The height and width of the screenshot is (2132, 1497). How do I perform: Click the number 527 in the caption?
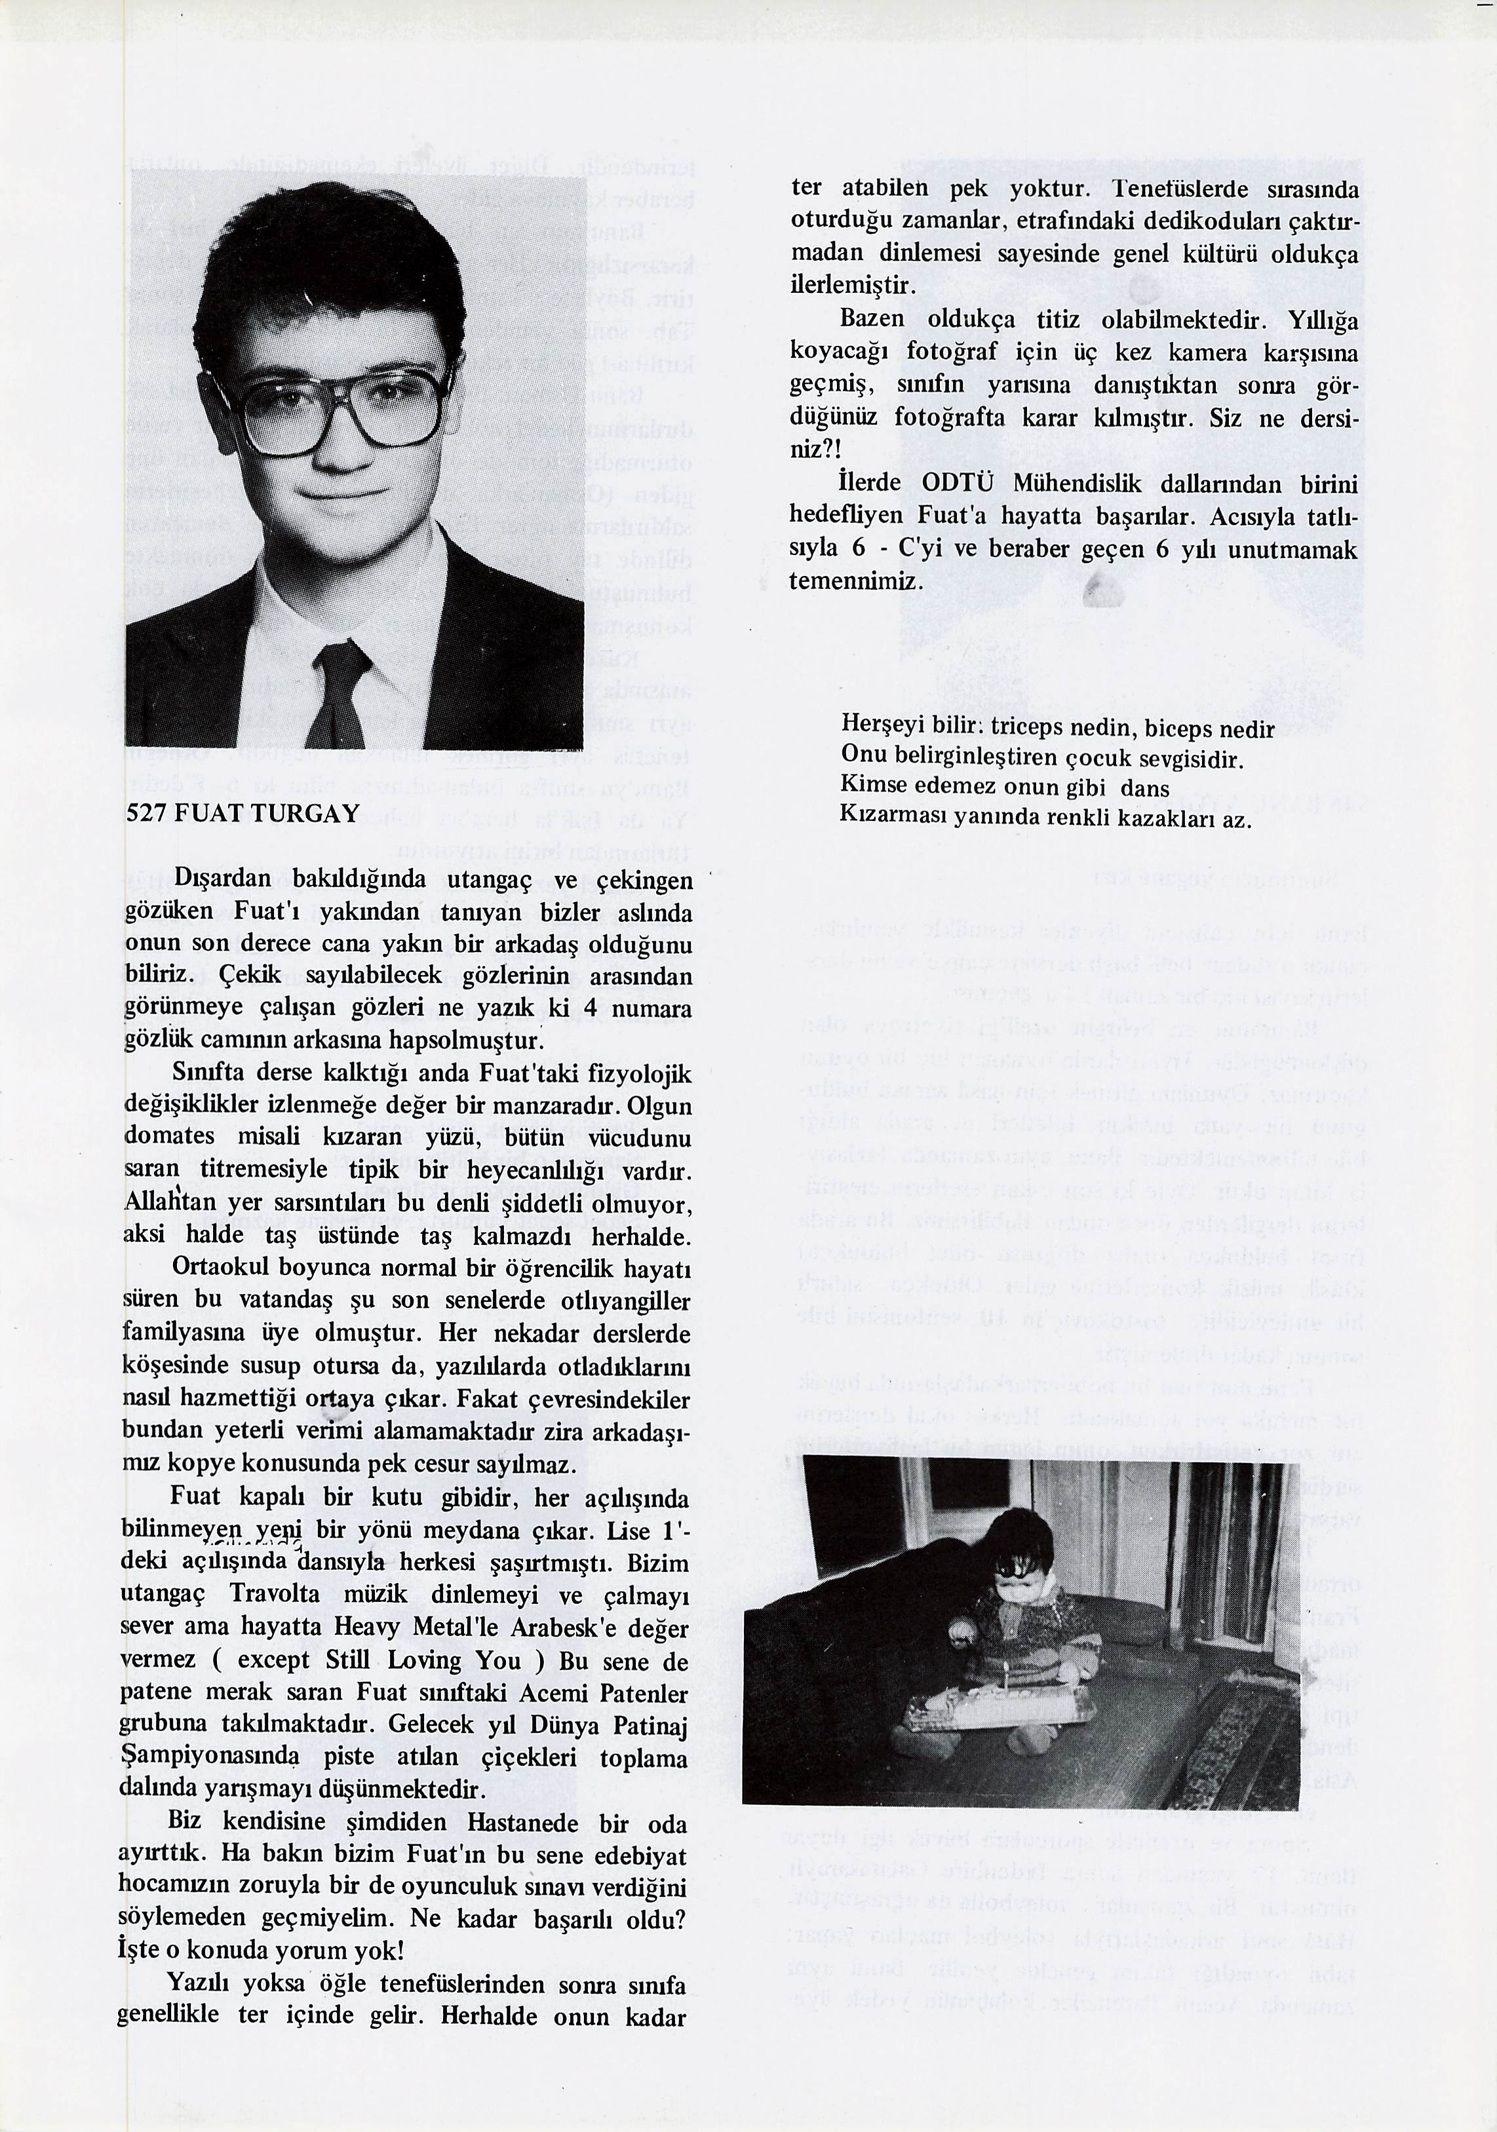pos(145,814)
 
